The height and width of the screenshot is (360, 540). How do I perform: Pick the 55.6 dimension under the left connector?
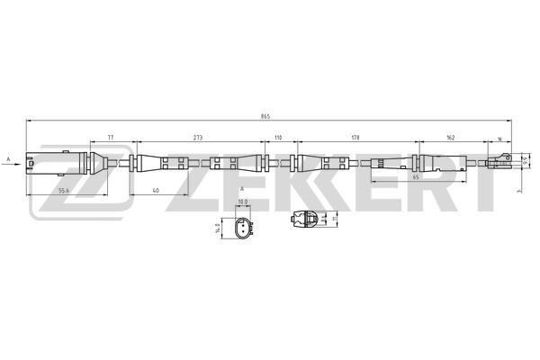(x=64, y=191)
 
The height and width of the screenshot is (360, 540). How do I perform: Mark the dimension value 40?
(x=156, y=191)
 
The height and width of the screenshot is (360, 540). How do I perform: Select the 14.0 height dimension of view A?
(x=217, y=229)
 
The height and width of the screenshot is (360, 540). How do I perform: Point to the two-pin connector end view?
(x=242, y=230)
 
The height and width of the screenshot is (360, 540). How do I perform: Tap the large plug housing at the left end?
(x=49, y=163)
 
